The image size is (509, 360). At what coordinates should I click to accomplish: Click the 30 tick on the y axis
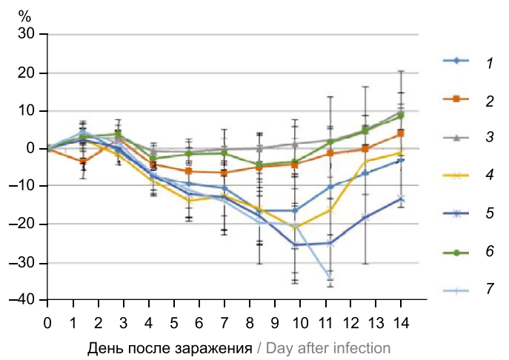point(26,34)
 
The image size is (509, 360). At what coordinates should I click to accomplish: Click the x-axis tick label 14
point(401,324)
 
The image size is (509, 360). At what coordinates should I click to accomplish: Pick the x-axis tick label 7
point(224,324)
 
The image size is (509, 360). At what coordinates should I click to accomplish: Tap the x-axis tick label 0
point(47,324)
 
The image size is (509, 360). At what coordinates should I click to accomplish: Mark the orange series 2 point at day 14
point(401,133)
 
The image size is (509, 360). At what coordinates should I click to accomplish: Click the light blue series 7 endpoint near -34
point(330,278)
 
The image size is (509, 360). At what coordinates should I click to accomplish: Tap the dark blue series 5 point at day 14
point(401,199)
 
